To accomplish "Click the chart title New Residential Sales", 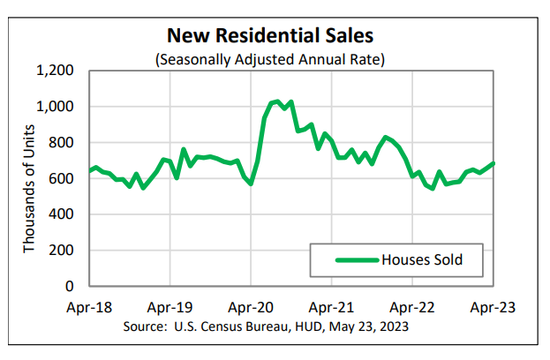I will (x=271, y=37).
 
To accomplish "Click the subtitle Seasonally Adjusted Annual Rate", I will (x=271, y=59).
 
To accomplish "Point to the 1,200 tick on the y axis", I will (x=56, y=71).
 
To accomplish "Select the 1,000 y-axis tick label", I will (x=56, y=107).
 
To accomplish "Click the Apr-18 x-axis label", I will (x=89, y=308).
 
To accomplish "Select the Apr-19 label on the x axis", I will (x=170, y=308).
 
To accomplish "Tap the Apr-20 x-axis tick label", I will (x=251, y=308).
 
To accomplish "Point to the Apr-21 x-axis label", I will (x=332, y=308).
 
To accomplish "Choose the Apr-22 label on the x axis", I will (x=412, y=308).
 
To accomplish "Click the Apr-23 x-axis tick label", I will (x=493, y=308).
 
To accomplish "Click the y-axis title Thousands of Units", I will (x=29, y=178).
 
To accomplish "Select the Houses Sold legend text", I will (x=421, y=259).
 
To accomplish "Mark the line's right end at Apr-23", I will (x=493, y=163).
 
